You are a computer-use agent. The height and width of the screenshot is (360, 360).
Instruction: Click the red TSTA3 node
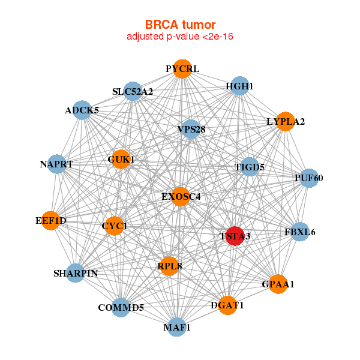tap(235, 236)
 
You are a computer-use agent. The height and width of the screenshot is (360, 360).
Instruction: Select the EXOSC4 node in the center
tap(181, 197)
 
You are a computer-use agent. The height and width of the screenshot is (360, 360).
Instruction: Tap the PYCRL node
tap(182, 69)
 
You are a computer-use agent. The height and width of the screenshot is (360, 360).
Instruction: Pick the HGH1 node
tap(239, 86)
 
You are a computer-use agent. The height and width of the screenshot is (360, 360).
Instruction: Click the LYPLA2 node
tap(286, 122)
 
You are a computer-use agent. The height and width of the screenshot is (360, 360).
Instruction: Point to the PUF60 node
tap(308, 178)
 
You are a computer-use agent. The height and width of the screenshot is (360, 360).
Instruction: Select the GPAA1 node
tap(278, 284)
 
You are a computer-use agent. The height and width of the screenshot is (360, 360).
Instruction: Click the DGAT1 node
tap(227, 305)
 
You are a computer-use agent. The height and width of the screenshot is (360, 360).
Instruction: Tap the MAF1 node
tap(176, 327)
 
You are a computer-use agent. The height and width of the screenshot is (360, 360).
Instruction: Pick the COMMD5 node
tap(121, 308)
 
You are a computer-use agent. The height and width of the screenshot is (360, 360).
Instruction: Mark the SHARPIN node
tap(76, 273)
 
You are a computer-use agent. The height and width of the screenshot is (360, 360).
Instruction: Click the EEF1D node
tap(51, 221)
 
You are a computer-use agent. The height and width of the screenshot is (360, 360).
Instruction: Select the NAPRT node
tap(56, 164)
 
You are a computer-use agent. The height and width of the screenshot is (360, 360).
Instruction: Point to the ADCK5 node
tap(82, 110)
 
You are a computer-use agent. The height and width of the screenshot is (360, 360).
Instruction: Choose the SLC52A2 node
tap(133, 92)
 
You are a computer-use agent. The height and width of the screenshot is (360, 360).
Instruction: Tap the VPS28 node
tap(191, 129)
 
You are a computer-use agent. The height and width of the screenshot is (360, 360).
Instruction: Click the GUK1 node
tap(121, 160)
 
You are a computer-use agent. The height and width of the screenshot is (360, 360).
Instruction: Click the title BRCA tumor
tap(180, 25)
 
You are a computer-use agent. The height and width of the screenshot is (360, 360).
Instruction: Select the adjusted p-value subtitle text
tap(180, 37)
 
